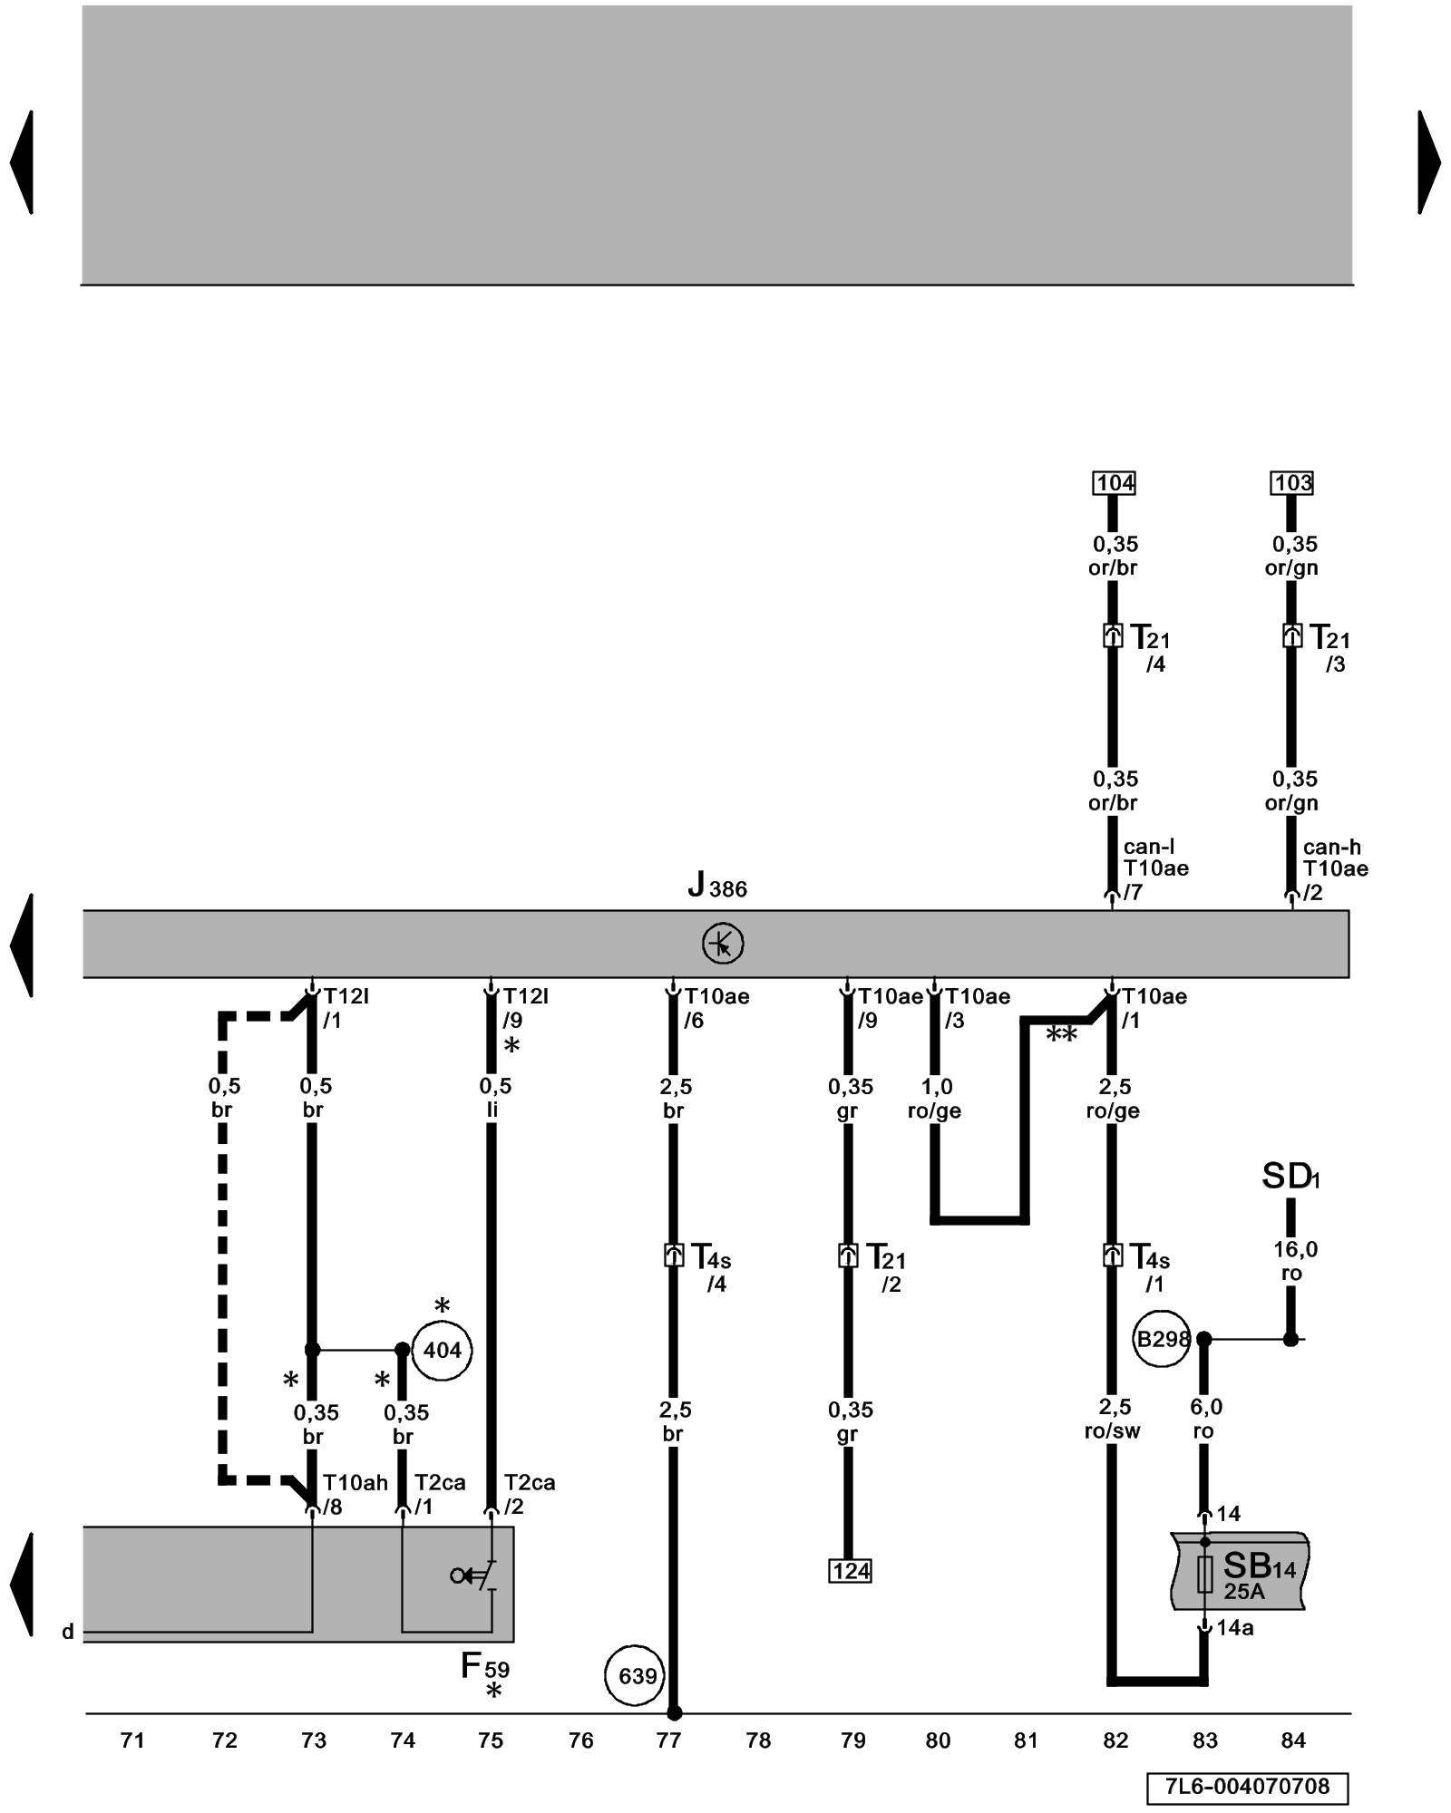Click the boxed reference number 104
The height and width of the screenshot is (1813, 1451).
coord(1115,483)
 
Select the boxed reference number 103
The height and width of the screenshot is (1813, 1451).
coord(1292,483)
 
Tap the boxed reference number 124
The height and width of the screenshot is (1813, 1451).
coord(850,1571)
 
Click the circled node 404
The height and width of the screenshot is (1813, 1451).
coord(442,1351)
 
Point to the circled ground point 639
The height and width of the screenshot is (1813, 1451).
coord(637,1676)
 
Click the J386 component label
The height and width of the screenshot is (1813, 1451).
coord(716,886)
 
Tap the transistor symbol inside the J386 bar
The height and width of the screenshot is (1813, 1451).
coord(723,944)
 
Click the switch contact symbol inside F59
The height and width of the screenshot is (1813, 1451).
coord(475,1575)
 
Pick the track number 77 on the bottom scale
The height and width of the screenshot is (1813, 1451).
coord(668,1740)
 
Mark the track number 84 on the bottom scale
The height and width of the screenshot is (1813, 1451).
coord(1292,1740)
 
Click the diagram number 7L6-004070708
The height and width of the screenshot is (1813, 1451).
coord(1247,1787)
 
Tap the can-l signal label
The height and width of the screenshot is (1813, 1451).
coord(1148,847)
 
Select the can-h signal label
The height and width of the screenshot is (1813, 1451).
coord(1331,847)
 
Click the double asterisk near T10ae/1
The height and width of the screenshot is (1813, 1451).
coord(1061,1034)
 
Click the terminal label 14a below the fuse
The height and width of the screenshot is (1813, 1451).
coord(1234,1628)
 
